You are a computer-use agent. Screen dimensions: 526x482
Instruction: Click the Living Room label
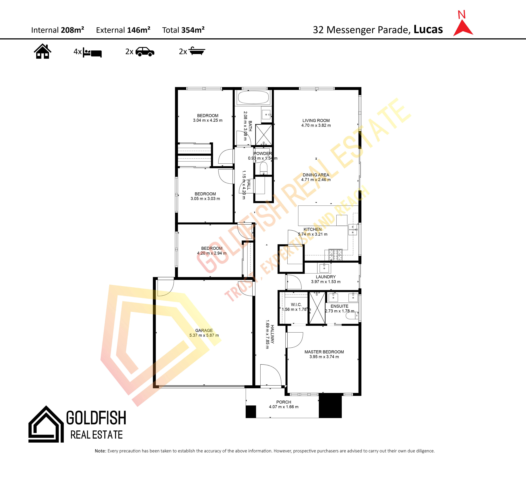[316, 120]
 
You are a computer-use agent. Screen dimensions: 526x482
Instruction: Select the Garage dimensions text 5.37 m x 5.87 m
[204, 335]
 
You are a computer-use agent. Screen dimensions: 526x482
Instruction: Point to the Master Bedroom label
[324, 352]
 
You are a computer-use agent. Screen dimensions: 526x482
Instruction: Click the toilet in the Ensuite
[352, 316]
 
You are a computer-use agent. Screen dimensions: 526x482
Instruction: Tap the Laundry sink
[324, 268]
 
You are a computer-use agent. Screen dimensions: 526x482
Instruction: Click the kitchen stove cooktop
[335, 255]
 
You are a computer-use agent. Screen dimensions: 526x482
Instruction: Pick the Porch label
[284, 402]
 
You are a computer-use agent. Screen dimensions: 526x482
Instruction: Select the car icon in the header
[145, 52]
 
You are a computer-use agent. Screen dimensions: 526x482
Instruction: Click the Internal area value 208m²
[72, 30]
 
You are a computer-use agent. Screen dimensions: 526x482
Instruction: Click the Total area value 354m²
[193, 30]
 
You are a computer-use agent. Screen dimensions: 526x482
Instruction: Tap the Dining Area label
[316, 175]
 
